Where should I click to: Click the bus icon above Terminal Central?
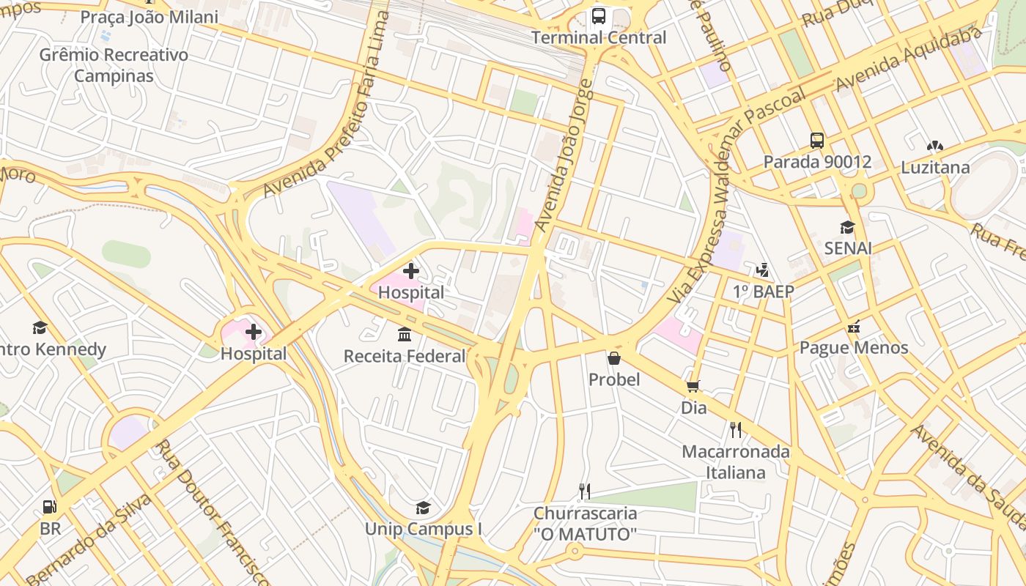pyautogui.click(x=599, y=16)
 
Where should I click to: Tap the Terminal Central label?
pyautogui.click(x=599, y=37)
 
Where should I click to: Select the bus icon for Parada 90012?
pyautogui.click(x=817, y=141)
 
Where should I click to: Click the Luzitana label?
pyautogui.click(x=935, y=167)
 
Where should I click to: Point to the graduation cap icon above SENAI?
pyautogui.click(x=848, y=227)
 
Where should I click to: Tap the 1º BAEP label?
pyautogui.click(x=763, y=292)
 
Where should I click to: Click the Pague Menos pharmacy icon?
pyautogui.click(x=854, y=327)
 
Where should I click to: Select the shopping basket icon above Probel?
pyautogui.click(x=614, y=358)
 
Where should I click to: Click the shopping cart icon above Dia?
pyautogui.click(x=693, y=386)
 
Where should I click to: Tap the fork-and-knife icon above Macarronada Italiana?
pyautogui.click(x=736, y=430)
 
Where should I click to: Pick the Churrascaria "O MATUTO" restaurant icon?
pyautogui.click(x=584, y=492)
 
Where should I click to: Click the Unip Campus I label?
pyautogui.click(x=424, y=529)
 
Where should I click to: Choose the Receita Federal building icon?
pyautogui.click(x=405, y=335)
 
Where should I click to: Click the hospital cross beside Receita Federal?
pyautogui.click(x=411, y=271)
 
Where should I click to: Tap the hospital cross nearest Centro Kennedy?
pyautogui.click(x=254, y=332)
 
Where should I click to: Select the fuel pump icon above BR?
pyautogui.click(x=50, y=507)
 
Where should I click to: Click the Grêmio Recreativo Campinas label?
pyautogui.click(x=114, y=65)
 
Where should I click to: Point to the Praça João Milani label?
pyautogui.click(x=149, y=17)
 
